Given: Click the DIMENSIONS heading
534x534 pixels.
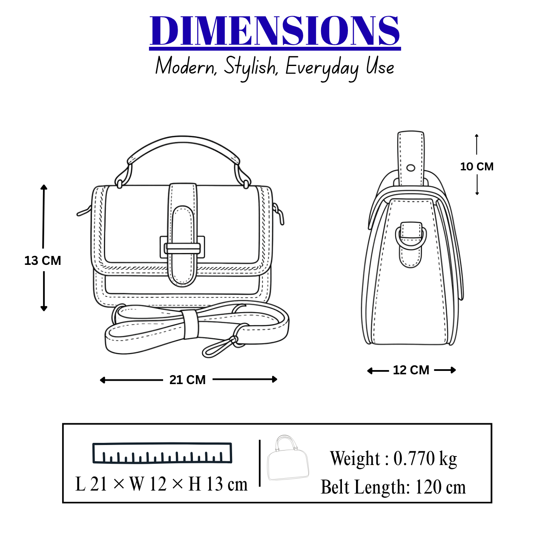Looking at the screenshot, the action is pos(275,31).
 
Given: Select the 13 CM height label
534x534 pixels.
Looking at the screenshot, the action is pos(43,261).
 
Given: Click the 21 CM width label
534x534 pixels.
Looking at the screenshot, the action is pos(188,380).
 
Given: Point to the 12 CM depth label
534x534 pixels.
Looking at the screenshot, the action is pos(411,370).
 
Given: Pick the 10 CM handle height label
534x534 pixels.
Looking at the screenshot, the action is pos(477,167).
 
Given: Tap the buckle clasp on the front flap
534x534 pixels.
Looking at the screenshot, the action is pos(182,247).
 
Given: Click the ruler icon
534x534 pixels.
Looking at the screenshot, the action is pos(162,453).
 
